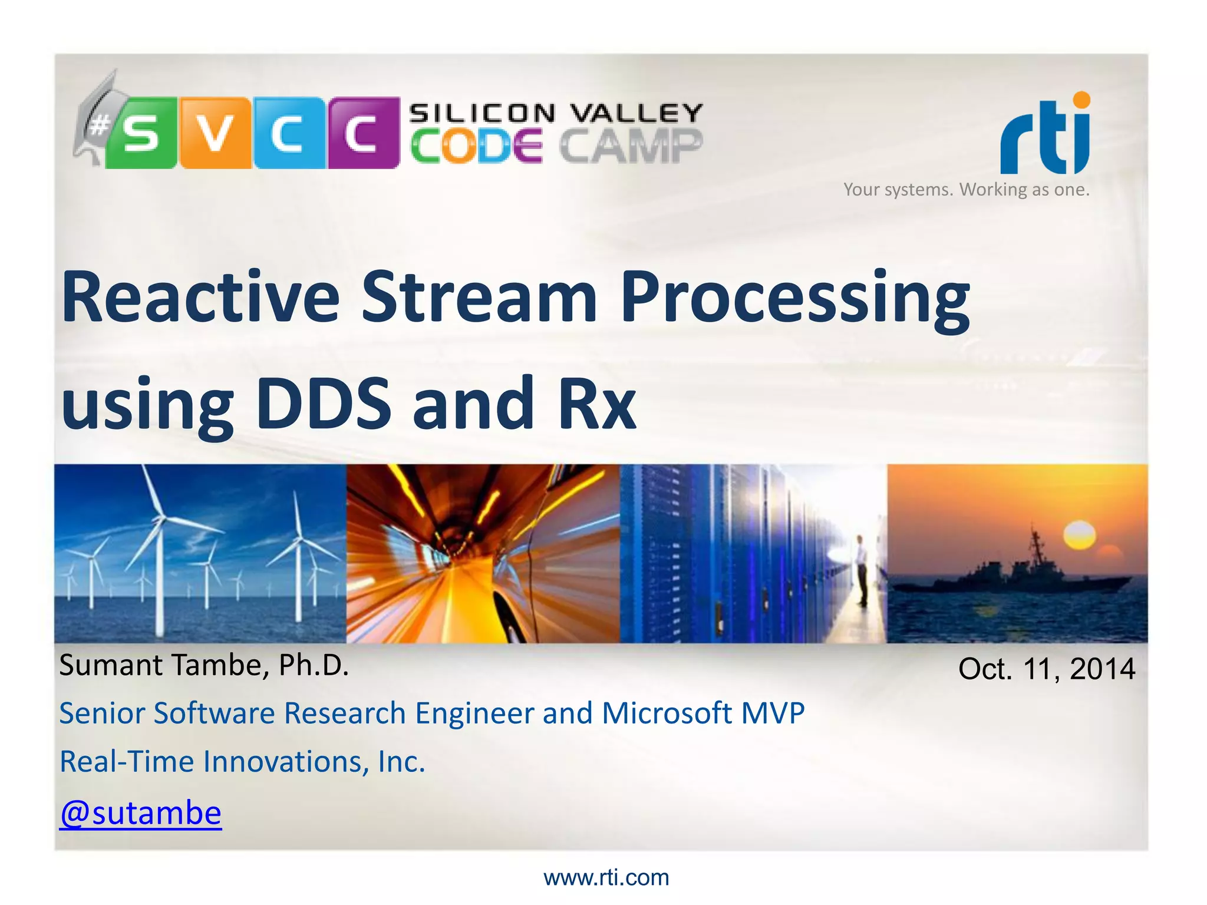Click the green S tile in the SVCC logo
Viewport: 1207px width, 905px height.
coord(141,133)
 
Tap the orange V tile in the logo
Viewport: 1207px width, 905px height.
coord(215,133)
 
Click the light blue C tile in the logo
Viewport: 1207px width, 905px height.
coord(289,133)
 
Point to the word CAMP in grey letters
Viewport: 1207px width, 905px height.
coord(631,146)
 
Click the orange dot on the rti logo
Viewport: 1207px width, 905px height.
coord(1081,100)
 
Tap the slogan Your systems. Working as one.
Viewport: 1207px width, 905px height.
coord(967,190)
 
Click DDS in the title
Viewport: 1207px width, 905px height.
coord(324,404)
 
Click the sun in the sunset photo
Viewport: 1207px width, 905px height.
coord(1079,535)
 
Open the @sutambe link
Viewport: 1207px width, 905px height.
coord(141,814)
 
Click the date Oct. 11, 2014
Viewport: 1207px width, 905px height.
coord(1047,669)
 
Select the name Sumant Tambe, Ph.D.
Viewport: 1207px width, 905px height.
coord(204,665)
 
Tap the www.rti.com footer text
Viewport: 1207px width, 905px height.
coord(606,878)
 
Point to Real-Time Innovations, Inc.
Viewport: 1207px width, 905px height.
coord(242,762)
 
